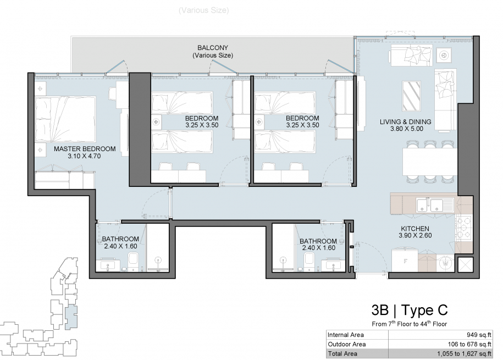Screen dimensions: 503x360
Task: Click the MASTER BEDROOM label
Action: [x=85, y=149]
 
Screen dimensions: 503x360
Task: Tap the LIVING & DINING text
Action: [x=406, y=122]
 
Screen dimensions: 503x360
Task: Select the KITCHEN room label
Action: [x=415, y=229]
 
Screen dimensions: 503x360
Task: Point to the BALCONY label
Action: [x=213, y=48]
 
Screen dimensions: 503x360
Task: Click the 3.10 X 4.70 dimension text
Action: [x=84, y=156]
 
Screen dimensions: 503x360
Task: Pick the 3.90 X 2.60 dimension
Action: [x=415, y=235]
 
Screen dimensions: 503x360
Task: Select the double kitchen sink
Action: [x=435, y=206]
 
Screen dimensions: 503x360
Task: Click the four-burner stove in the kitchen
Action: [x=463, y=228]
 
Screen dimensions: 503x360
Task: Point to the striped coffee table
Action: [x=412, y=96]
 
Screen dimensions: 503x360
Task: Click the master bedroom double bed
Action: [x=65, y=119]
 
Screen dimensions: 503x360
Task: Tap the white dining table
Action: [x=430, y=162]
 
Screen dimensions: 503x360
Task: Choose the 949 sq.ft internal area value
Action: [x=479, y=335]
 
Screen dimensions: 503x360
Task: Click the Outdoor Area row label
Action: [x=347, y=344]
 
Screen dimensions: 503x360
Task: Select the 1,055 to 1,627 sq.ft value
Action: [x=464, y=354]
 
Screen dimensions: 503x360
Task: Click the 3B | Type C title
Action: [x=410, y=311]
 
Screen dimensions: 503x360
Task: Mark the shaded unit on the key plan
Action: [x=71, y=317]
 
